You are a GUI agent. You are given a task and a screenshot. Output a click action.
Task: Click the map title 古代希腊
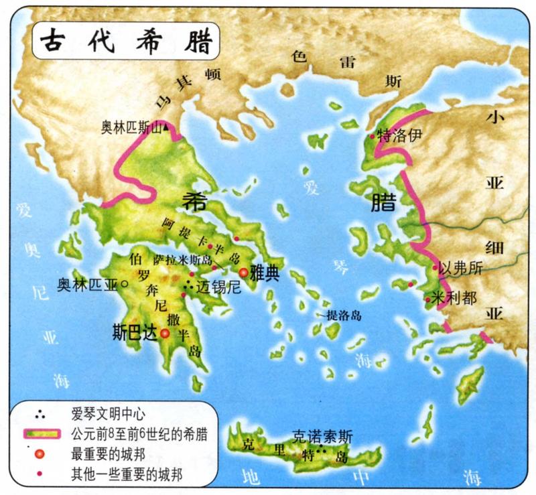(x=126, y=42)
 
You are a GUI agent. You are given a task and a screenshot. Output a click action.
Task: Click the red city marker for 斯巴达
(x=165, y=332)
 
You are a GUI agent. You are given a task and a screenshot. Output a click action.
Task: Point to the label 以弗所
(x=462, y=269)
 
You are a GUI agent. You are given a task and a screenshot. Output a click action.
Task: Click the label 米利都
(x=456, y=297)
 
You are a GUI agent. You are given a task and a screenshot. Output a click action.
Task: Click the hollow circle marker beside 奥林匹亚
(x=126, y=284)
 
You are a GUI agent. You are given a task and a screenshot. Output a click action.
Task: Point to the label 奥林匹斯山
(x=131, y=126)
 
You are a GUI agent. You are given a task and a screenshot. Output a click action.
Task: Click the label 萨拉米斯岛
(x=182, y=259)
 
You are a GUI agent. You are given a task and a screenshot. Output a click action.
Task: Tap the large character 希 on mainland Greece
(x=195, y=199)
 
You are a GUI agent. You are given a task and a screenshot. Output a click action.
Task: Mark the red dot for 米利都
(x=427, y=299)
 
